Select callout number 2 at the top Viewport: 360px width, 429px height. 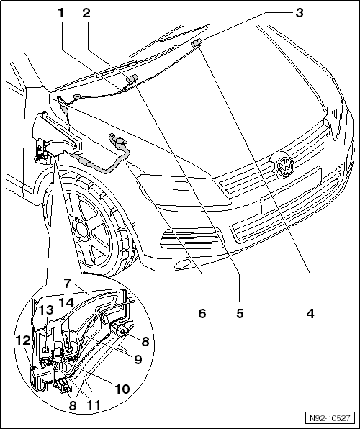(86, 13)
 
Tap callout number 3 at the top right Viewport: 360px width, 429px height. (300, 13)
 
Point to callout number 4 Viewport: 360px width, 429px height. (310, 313)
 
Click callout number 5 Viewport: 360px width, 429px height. (240, 313)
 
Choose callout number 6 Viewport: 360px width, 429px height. (202, 313)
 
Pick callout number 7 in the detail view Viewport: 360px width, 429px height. (68, 284)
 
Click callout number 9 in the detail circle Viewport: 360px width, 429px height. (138, 359)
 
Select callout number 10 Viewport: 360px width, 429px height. (122, 389)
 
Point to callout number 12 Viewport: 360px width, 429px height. (23, 340)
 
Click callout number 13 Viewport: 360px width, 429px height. (45, 310)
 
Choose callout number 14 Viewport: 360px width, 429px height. (66, 302)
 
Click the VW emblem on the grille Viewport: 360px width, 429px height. (284, 165)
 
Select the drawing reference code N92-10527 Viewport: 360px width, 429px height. (330, 418)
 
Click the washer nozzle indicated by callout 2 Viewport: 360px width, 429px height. (132, 78)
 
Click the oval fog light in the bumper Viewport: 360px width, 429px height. (183, 263)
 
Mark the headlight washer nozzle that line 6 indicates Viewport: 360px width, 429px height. (120, 143)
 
